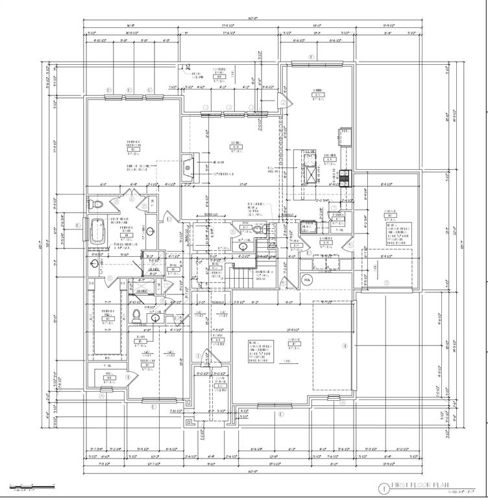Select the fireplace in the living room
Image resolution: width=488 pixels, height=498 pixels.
pyautogui.click(x=188, y=167)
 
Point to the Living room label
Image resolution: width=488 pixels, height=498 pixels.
pyautogui.click(x=236, y=145)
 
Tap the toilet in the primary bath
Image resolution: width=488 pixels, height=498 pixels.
pyautogui.click(x=97, y=204)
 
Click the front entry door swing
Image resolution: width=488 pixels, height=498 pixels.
pyautogui.click(x=206, y=358)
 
